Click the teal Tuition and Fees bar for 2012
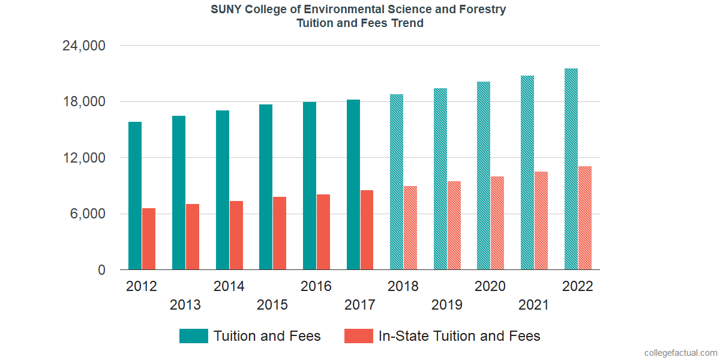click(x=135, y=196)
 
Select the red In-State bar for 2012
click(x=149, y=239)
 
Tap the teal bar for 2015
click(x=266, y=187)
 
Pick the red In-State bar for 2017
click(x=367, y=230)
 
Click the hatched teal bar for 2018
click(x=396, y=182)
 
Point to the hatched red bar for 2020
click(x=497, y=223)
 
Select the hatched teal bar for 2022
click(x=571, y=169)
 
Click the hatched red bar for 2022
click(x=585, y=218)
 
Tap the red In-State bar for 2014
click(x=236, y=235)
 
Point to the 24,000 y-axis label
click(x=84, y=46)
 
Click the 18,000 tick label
click(x=84, y=101)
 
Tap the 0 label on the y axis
click(x=102, y=270)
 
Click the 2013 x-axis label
click(x=185, y=305)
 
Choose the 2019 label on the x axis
click(x=447, y=305)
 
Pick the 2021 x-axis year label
click(x=534, y=305)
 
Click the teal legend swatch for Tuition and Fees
click(x=194, y=336)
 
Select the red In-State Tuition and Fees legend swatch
click(x=359, y=336)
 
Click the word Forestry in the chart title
click(x=484, y=10)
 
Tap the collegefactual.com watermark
click(x=680, y=353)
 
